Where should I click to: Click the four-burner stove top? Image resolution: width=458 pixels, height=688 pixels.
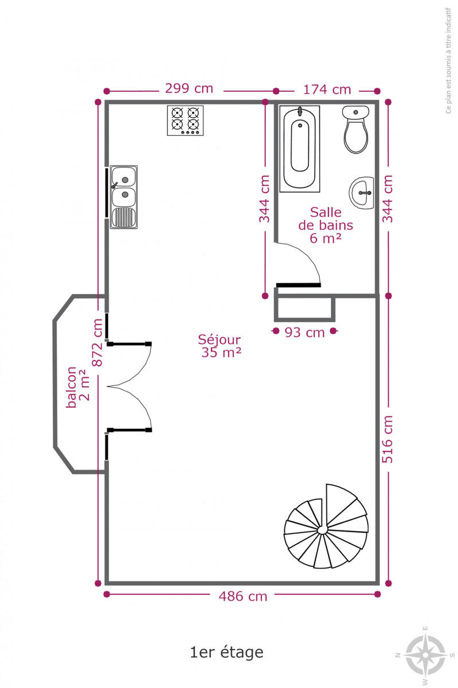(185, 120)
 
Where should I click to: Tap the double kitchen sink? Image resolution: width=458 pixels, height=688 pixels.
(124, 197)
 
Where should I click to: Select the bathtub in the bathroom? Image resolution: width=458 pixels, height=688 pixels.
(299, 149)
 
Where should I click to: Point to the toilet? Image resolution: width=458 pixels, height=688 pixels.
(356, 130)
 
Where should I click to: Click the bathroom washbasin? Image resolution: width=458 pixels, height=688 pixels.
(362, 193)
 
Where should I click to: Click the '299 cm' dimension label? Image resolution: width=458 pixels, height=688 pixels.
(189, 88)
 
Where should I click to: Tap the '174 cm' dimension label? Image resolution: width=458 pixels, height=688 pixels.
(327, 89)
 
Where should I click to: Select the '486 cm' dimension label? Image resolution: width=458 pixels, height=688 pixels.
(243, 596)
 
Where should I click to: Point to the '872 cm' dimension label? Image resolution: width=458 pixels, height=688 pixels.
(97, 342)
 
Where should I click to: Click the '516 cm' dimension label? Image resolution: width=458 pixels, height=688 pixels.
(387, 439)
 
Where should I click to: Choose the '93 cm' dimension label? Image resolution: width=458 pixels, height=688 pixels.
(305, 333)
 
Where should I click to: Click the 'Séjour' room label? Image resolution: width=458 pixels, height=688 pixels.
(220, 339)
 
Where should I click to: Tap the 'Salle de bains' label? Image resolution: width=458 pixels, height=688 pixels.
(326, 218)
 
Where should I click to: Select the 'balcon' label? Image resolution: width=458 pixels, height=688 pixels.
(71, 387)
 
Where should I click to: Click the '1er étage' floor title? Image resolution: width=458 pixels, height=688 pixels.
(226, 652)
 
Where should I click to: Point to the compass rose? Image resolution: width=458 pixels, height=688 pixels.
(425, 655)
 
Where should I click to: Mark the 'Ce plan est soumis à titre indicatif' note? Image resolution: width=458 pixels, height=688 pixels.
(448, 61)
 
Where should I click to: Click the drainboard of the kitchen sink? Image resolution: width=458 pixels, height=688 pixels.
(123, 218)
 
